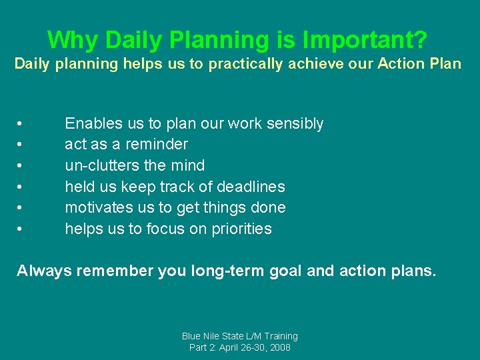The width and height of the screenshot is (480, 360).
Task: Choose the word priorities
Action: coord(240,229)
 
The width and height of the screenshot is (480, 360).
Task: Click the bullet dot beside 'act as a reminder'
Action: coord(21,145)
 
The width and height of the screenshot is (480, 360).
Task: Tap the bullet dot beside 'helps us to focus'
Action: coord(21,229)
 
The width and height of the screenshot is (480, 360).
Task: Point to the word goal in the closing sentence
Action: coord(284,271)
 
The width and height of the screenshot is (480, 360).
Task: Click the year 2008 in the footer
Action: coord(279,348)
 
